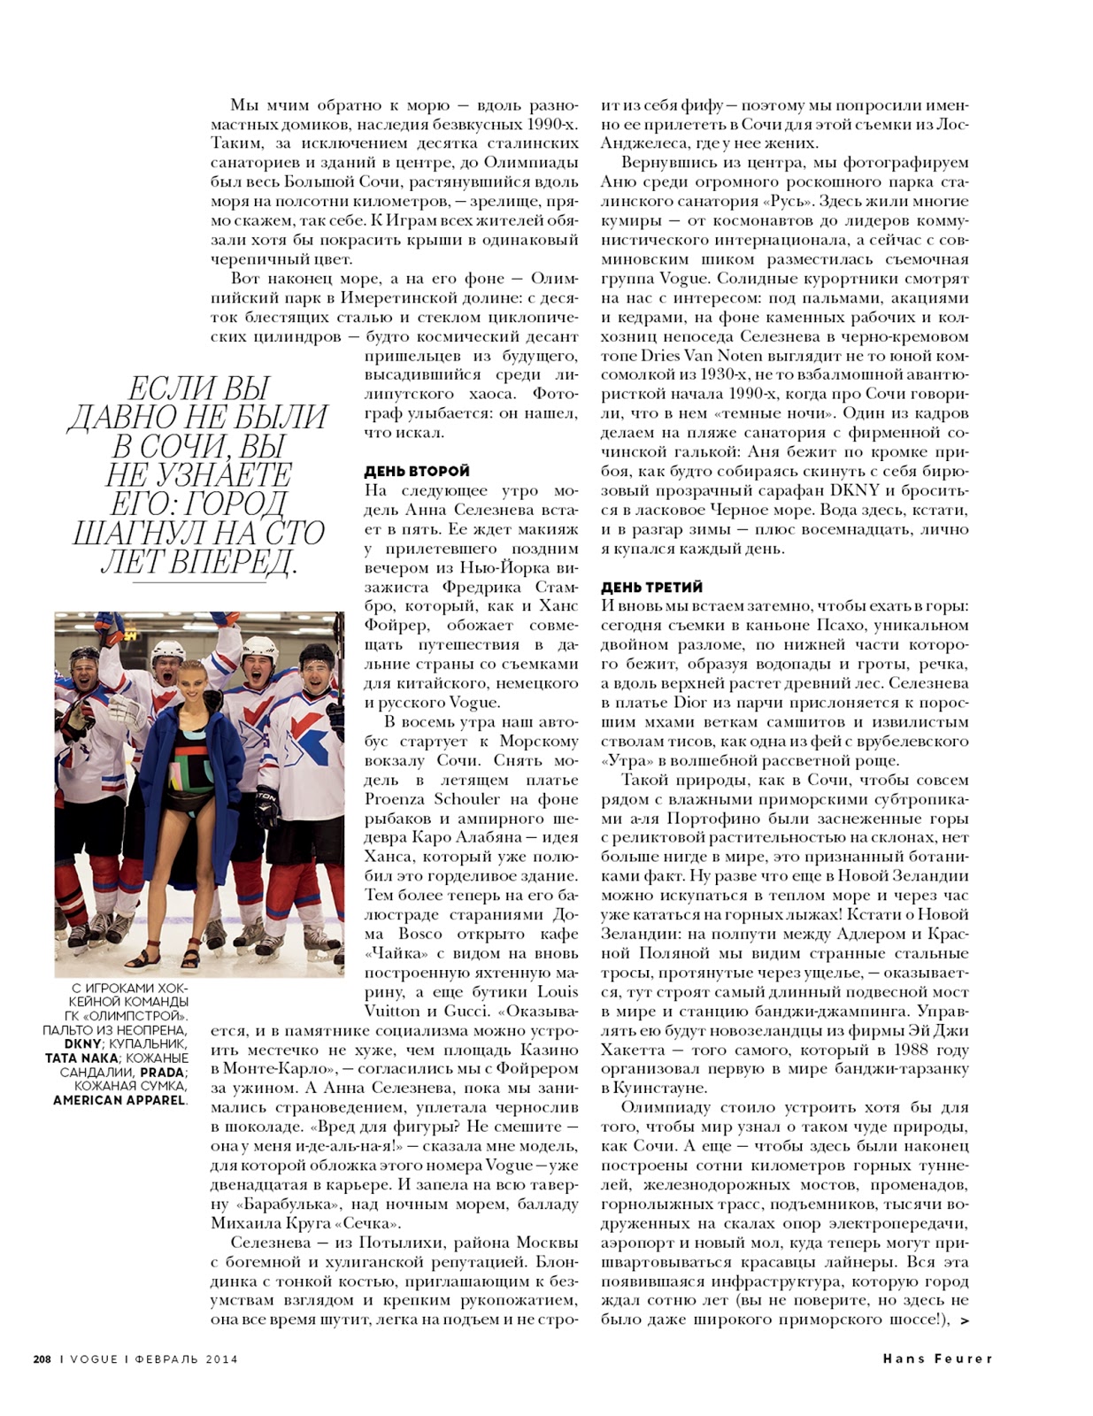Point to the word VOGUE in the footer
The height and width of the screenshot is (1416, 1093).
point(93,1359)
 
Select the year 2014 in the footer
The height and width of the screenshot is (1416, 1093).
point(220,1359)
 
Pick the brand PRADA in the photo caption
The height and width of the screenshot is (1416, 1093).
point(162,1073)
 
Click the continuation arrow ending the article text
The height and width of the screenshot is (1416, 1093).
point(964,1321)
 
